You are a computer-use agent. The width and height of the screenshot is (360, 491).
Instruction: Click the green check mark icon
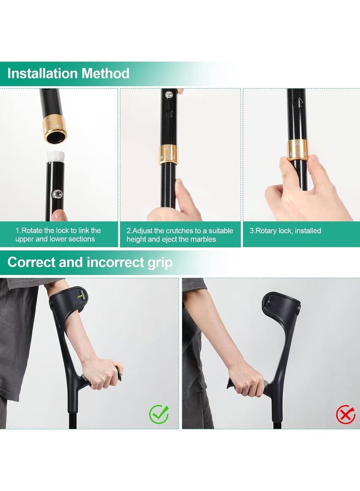[159, 414]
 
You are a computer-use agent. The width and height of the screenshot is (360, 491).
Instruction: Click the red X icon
[345, 414]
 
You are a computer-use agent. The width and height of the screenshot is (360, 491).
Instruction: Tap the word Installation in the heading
[43, 73]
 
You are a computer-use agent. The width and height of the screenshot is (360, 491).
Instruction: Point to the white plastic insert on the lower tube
[55, 158]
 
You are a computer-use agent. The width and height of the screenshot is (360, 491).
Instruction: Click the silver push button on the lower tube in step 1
[58, 194]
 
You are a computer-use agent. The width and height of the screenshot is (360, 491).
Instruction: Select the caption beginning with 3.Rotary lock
[285, 231]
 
